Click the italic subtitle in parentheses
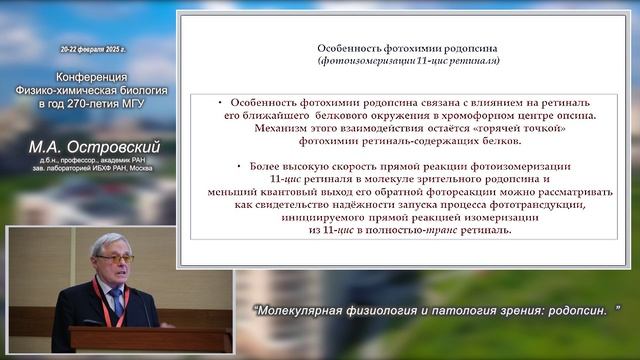tap(409, 60)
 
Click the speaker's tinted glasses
tap(116, 260)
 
